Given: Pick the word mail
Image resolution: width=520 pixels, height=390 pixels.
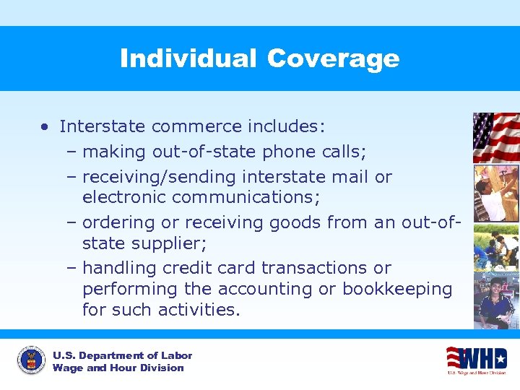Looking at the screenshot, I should pyautogui.click(x=352, y=177).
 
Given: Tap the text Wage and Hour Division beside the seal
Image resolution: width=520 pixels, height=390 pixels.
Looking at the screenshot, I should pyautogui.click(x=118, y=368).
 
